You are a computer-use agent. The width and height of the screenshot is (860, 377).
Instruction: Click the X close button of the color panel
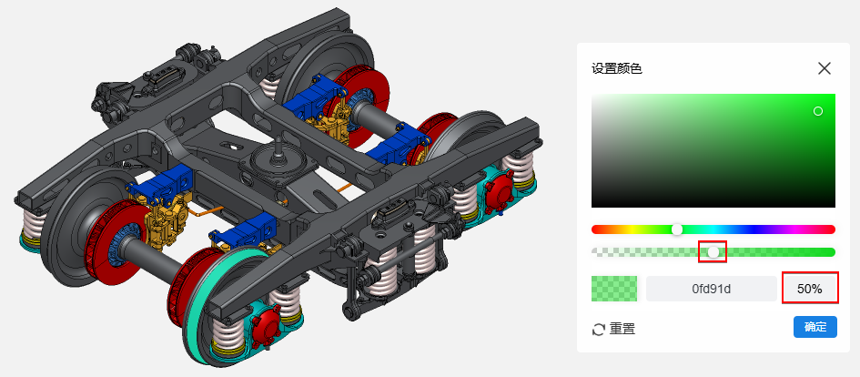click(825, 68)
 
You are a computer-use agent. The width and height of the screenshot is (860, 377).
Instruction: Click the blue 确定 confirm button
click(815, 327)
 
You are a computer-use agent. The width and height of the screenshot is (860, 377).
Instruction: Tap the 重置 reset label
click(622, 330)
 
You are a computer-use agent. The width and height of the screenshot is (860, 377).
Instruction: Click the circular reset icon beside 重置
click(599, 330)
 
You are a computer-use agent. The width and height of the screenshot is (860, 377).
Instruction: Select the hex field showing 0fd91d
click(712, 289)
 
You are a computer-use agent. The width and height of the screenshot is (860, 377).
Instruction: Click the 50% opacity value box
click(810, 289)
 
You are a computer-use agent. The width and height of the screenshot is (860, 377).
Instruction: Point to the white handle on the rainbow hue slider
click(677, 229)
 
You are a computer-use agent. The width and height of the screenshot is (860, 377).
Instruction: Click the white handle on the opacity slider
click(713, 252)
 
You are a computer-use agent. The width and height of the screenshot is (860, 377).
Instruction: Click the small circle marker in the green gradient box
click(818, 111)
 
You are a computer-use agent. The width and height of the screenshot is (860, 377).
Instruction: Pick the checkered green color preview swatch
click(614, 289)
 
